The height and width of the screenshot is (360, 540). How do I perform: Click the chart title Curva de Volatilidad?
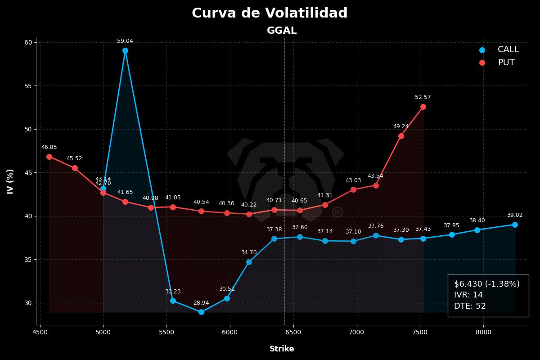click(x=270, y=13)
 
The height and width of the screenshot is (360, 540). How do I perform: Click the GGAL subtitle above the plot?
click(x=282, y=31)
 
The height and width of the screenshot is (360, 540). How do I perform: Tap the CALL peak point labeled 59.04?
click(x=125, y=51)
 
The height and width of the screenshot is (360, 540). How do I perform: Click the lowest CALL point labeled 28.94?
click(x=201, y=312)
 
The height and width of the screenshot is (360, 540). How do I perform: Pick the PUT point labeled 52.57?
click(x=423, y=107)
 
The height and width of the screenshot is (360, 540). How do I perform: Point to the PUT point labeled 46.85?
click(x=49, y=157)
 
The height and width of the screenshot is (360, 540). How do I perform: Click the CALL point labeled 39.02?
click(x=515, y=225)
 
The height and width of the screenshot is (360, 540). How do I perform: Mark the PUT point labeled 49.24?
click(x=401, y=136)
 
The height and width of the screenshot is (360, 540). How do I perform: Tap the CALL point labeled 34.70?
click(x=249, y=262)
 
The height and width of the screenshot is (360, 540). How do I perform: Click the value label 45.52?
click(x=74, y=158)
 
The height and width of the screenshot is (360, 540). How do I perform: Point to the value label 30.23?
click(x=173, y=292)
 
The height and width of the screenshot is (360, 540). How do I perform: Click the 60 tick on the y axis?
click(x=28, y=42)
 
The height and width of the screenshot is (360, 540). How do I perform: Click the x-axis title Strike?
click(x=282, y=349)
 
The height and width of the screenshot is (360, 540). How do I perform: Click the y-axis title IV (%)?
click(x=10, y=181)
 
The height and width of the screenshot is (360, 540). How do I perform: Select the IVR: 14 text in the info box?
click(x=468, y=295)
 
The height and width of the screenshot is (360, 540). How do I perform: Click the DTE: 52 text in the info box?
click(x=470, y=306)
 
